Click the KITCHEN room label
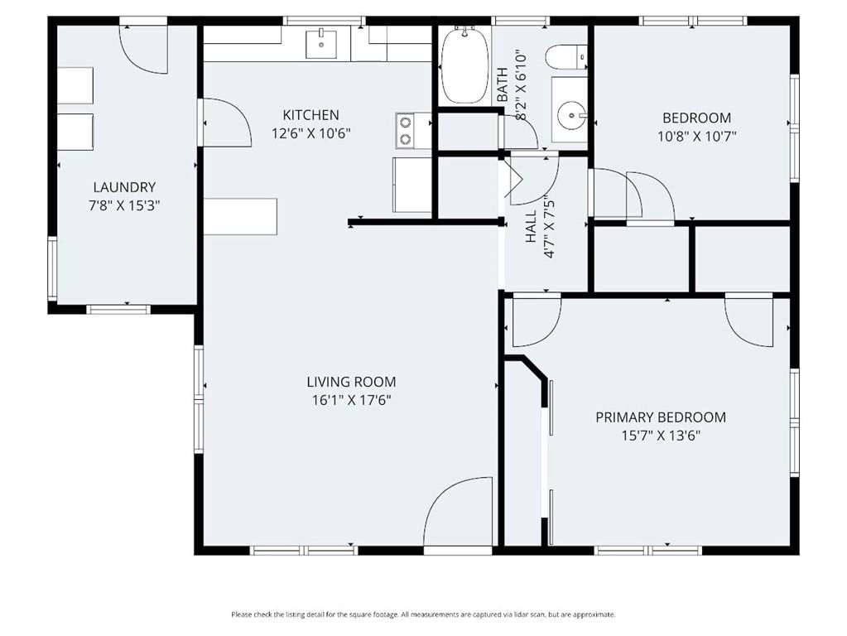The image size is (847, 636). [311, 115]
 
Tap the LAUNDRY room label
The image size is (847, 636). [124, 187]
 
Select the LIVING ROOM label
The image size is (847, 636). [351, 382]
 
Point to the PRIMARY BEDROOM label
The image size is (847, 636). [661, 417]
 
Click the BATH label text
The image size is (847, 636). [503, 84]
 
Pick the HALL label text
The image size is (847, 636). [531, 226]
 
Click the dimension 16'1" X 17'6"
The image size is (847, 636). [351, 401]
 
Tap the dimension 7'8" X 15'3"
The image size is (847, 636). [124, 206]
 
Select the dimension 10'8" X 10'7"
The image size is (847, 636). [697, 136]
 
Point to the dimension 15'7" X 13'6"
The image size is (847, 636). [661, 436]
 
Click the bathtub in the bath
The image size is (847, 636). [464, 66]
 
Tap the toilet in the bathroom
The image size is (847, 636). [565, 57]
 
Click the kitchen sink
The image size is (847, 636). [321, 45]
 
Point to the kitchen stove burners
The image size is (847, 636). [405, 131]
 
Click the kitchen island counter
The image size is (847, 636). [240, 217]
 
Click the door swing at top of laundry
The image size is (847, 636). [144, 50]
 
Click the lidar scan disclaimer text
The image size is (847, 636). [424, 614]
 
